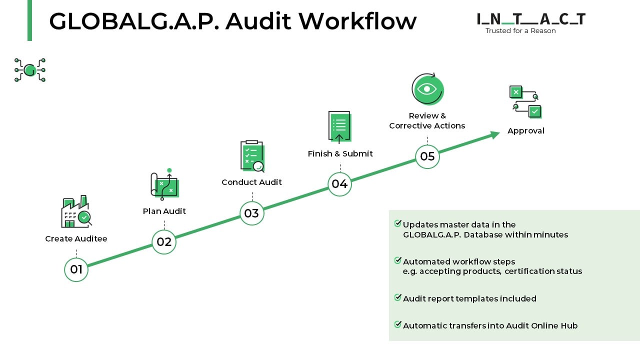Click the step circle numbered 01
point(76,269)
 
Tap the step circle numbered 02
point(164,242)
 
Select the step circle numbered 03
point(251,213)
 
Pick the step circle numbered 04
point(339,184)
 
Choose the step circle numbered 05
point(427,156)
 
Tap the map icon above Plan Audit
point(164,185)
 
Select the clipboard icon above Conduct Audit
point(252,156)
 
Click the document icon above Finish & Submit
point(339,127)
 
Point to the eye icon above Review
point(427,89)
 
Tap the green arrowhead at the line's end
point(494,134)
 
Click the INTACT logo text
point(531,19)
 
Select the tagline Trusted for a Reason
point(520,31)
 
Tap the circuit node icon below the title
point(30,69)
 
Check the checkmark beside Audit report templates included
point(398,297)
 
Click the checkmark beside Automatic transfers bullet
point(398,324)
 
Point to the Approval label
point(525,131)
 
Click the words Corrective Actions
point(427,126)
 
